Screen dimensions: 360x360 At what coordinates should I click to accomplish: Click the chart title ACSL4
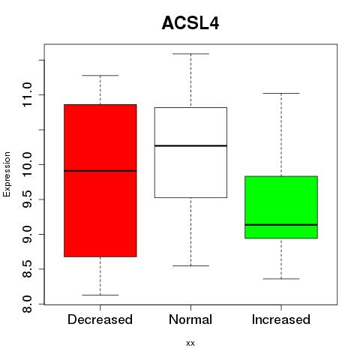(190, 23)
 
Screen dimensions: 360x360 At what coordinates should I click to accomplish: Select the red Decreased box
(100, 181)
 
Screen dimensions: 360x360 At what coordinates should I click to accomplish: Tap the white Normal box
(190, 152)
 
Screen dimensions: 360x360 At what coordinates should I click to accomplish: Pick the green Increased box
(281, 207)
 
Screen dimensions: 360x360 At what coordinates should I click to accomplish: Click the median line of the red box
(100, 171)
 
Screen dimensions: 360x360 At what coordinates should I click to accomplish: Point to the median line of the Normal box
(190, 145)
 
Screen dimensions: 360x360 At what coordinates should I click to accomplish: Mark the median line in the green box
(281, 225)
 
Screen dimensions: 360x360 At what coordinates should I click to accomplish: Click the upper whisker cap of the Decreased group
(100, 75)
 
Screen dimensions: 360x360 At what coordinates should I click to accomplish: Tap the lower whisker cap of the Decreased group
(100, 295)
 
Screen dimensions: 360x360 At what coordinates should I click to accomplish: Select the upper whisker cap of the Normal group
(190, 54)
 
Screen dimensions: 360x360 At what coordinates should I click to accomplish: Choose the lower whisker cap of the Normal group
(190, 265)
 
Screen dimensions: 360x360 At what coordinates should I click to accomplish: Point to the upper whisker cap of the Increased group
(281, 93)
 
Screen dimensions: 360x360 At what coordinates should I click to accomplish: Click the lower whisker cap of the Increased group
(281, 279)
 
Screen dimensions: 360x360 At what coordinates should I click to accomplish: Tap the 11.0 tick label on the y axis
(27, 95)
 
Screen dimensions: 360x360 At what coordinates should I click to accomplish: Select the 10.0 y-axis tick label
(27, 164)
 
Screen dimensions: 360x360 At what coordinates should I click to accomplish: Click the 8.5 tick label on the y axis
(27, 269)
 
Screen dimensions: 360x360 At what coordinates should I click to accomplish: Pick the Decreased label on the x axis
(100, 319)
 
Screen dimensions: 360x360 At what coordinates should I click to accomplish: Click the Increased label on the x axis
(281, 319)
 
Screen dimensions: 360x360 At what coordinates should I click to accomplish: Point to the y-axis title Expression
(7, 174)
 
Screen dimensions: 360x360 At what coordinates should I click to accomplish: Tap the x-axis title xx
(190, 343)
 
